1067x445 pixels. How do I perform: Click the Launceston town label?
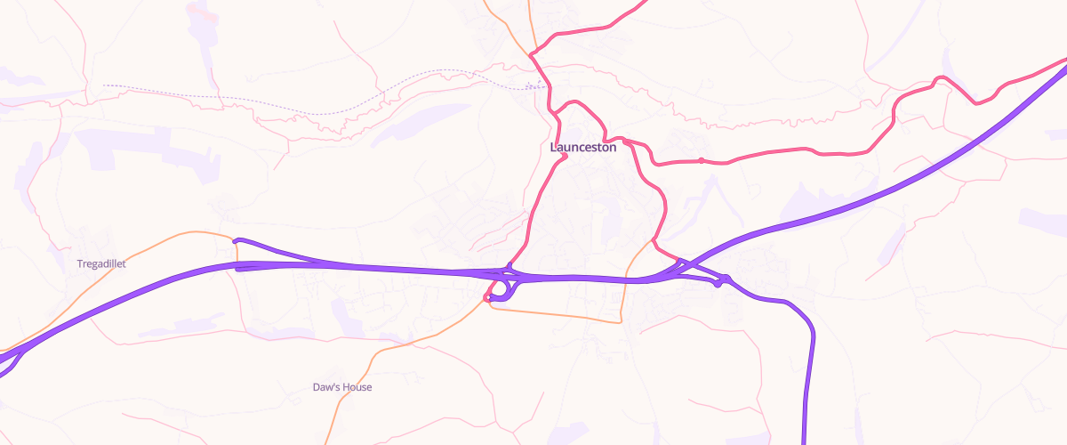(583, 148)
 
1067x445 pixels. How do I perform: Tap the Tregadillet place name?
(102, 263)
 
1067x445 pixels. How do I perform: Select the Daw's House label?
(342, 388)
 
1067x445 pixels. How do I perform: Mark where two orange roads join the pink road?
(532, 54)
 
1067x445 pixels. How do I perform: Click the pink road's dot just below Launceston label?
(565, 158)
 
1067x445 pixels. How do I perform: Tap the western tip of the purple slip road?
(235, 240)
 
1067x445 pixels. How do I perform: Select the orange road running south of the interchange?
(560, 315)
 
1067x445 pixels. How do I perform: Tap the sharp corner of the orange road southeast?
(622, 321)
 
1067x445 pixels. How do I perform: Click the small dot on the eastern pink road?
(702, 160)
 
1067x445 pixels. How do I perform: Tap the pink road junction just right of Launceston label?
(626, 141)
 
